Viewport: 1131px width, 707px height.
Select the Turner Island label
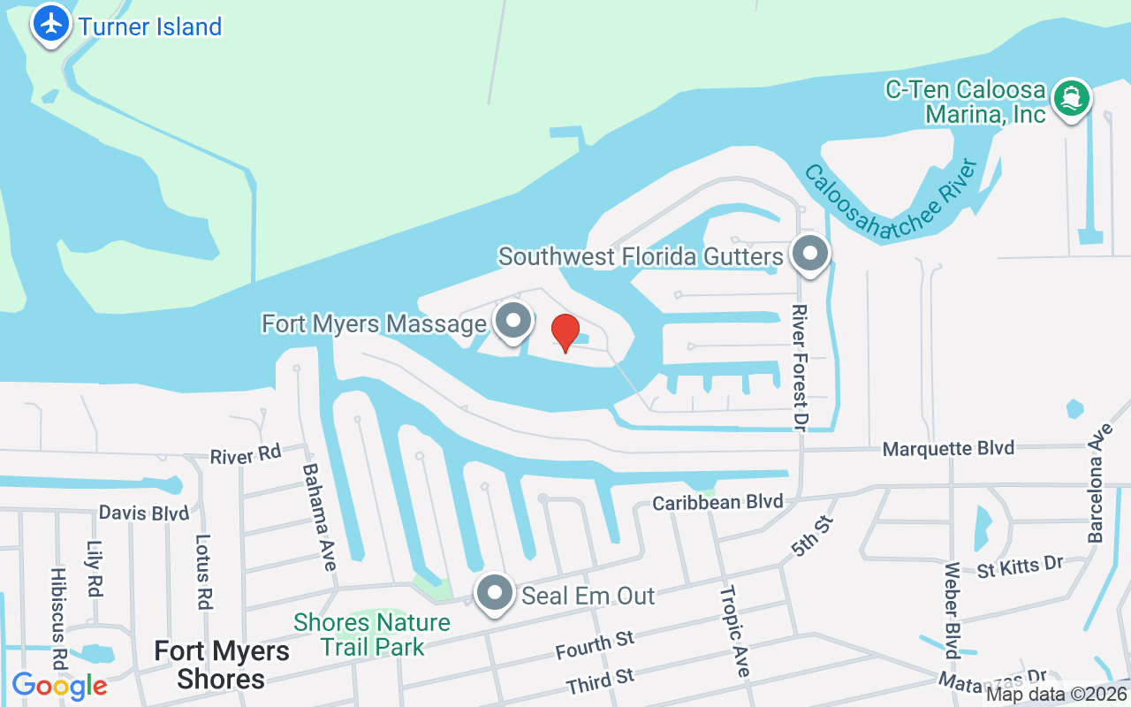[150, 27]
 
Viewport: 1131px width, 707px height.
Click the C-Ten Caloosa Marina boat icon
[1071, 97]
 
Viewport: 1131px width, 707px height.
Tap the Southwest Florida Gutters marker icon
[809, 254]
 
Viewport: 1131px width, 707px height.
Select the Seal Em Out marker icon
[495, 594]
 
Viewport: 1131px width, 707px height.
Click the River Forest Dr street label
[801, 367]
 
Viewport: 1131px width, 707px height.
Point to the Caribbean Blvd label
[717, 502]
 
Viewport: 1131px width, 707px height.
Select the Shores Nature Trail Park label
[372, 635]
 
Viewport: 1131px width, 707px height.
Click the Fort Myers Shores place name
[222, 665]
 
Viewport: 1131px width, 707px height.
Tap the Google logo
[59, 686]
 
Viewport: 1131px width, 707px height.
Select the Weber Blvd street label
[952, 610]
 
